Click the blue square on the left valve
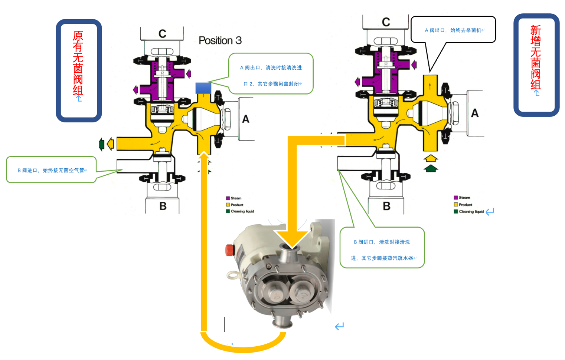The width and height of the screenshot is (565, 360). [x=203, y=88]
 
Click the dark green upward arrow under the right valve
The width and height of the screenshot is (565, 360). [x=430, y=170]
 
